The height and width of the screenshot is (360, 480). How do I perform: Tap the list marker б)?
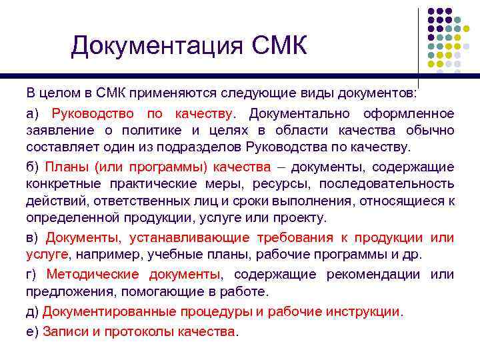[x=33, y=167]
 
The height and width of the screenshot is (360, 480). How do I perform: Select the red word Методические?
[x=93, y=275]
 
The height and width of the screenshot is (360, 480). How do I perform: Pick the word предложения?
[x=66, y=291]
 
